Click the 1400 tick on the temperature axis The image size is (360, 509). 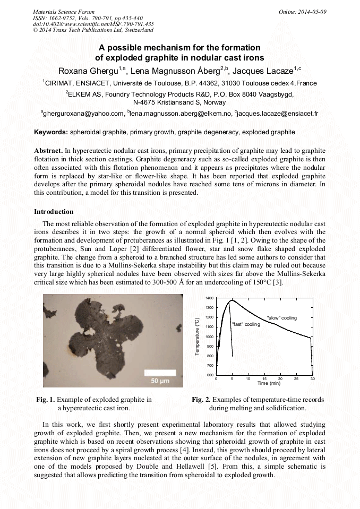click(x=210, y=298)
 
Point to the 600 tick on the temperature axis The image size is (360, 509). click(x=211, y=375)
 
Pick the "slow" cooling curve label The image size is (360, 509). click(x=281, y=317)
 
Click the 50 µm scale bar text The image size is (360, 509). click(x=160, y=381)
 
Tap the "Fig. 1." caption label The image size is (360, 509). click(x=45, y=400)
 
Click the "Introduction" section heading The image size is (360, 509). click(x=54, y=212)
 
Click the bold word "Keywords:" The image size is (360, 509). click(x=51, y=132)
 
